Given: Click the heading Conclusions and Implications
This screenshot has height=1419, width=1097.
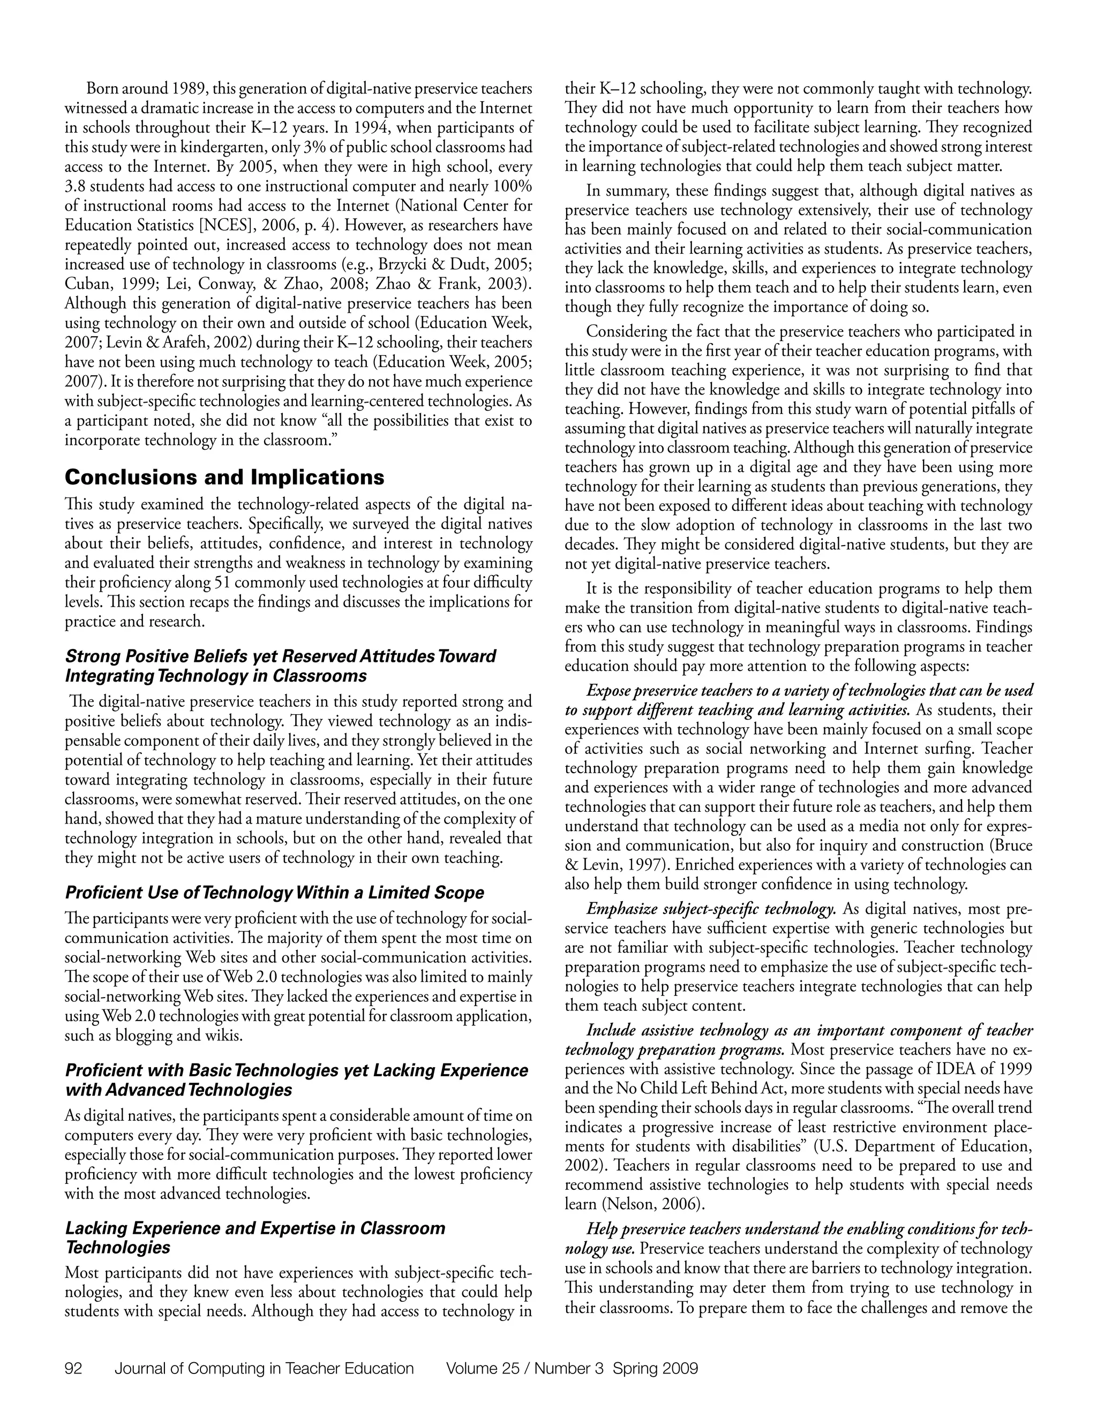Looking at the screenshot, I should (x=224, y=478).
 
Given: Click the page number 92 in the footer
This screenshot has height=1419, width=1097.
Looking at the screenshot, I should (x=73, y=1369).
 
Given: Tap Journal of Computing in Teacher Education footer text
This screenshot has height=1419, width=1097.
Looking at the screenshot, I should (x=264, y=1369).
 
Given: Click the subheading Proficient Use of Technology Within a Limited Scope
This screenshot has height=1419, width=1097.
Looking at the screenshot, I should (x=274, y=893).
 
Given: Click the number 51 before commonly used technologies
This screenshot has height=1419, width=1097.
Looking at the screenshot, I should (x=221, y=582).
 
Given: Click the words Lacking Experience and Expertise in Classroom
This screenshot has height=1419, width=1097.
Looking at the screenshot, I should (x=255, y=1228).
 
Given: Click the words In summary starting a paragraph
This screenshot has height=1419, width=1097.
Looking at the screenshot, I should (x=627, y=191).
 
